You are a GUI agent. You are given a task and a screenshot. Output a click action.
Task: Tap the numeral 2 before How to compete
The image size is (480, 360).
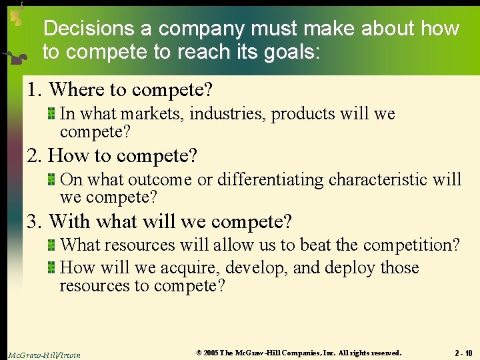tap(33, 155)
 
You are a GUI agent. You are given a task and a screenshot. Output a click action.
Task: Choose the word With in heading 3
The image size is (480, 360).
tap(68, 221)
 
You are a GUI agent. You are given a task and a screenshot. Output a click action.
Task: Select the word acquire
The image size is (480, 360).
tap(193, 268)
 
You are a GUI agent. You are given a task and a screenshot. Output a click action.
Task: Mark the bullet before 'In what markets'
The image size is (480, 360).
tap(51, 114)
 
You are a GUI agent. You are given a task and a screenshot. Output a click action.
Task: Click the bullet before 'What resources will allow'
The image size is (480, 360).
tap(51, 245)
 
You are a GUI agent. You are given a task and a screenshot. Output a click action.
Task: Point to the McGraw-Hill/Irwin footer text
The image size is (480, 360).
tap(44, 355)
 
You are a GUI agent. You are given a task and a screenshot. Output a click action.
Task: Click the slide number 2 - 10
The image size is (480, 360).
tap(463, 353)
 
